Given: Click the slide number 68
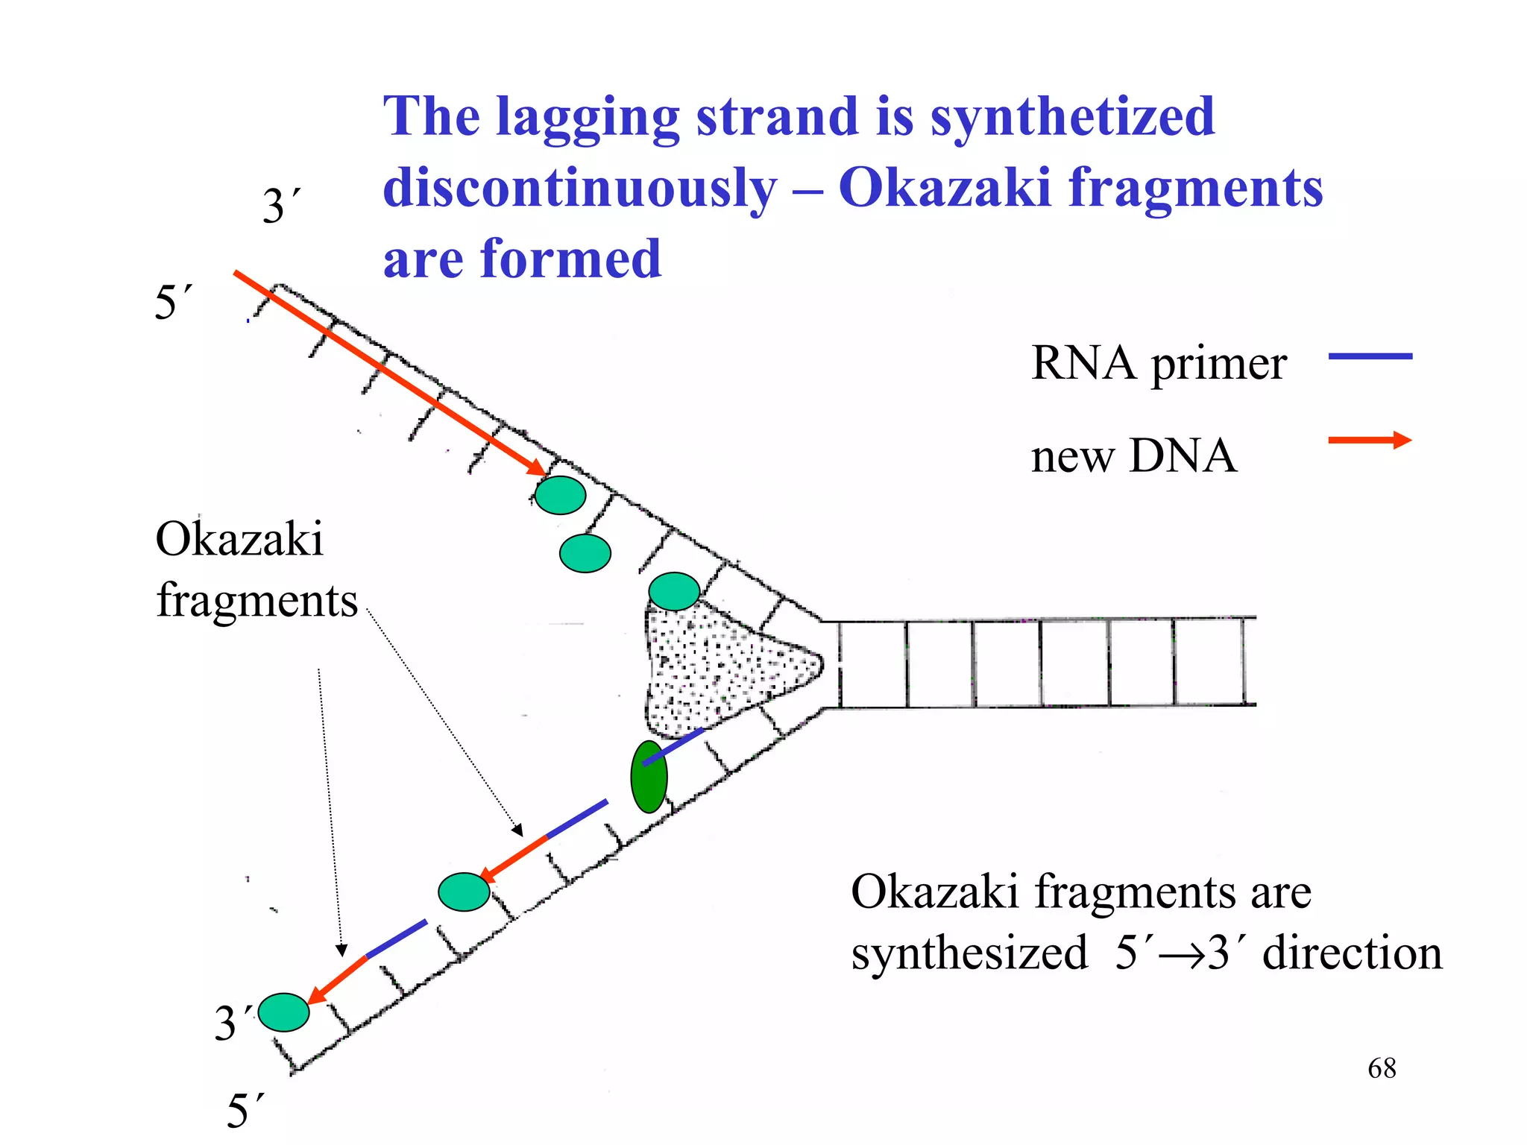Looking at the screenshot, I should pos(1381,1068).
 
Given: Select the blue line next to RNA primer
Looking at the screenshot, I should pos(1370,356).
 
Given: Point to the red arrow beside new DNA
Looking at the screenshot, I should pos(1370,441).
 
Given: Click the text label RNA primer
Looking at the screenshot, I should pos(1158,364).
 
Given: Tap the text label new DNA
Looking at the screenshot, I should pos(1133,455).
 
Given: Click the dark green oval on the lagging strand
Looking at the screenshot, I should pos(649,777).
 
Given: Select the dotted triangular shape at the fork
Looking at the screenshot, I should pos(716,667).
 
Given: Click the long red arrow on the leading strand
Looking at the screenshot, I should pos(388,372).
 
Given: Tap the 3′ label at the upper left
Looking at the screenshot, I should pos(281,206).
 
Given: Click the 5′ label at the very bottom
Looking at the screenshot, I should pos(245,1111).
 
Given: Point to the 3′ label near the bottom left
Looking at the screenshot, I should pos(232,1022).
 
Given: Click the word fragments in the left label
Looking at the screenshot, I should pos(256,600).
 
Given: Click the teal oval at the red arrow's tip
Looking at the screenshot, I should pos(560,495).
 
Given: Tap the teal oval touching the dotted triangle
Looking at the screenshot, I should pos(674,592).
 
